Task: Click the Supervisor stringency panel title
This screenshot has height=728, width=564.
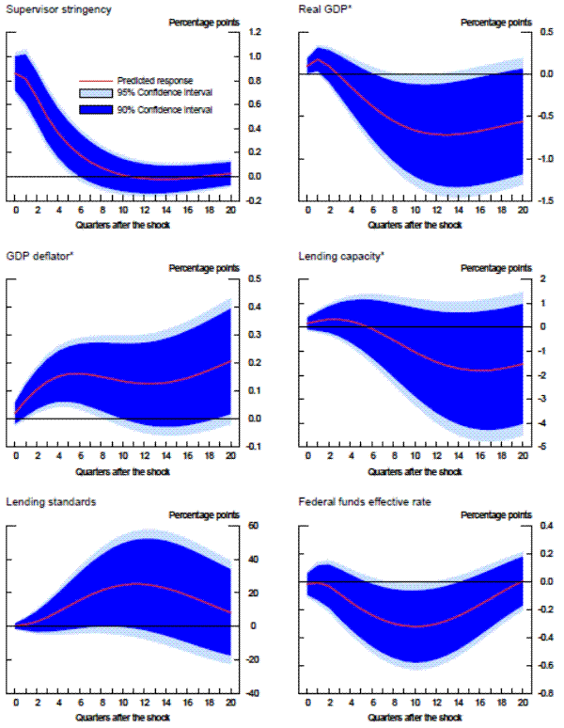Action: (x=58, y=9)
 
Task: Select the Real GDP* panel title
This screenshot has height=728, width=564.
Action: (x=325, y=9)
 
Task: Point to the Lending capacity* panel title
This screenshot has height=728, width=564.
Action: (x=341, y=255)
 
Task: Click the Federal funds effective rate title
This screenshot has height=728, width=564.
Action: (x=364, y=502)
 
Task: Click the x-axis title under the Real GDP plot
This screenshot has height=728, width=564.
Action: (x=415, y=225)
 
